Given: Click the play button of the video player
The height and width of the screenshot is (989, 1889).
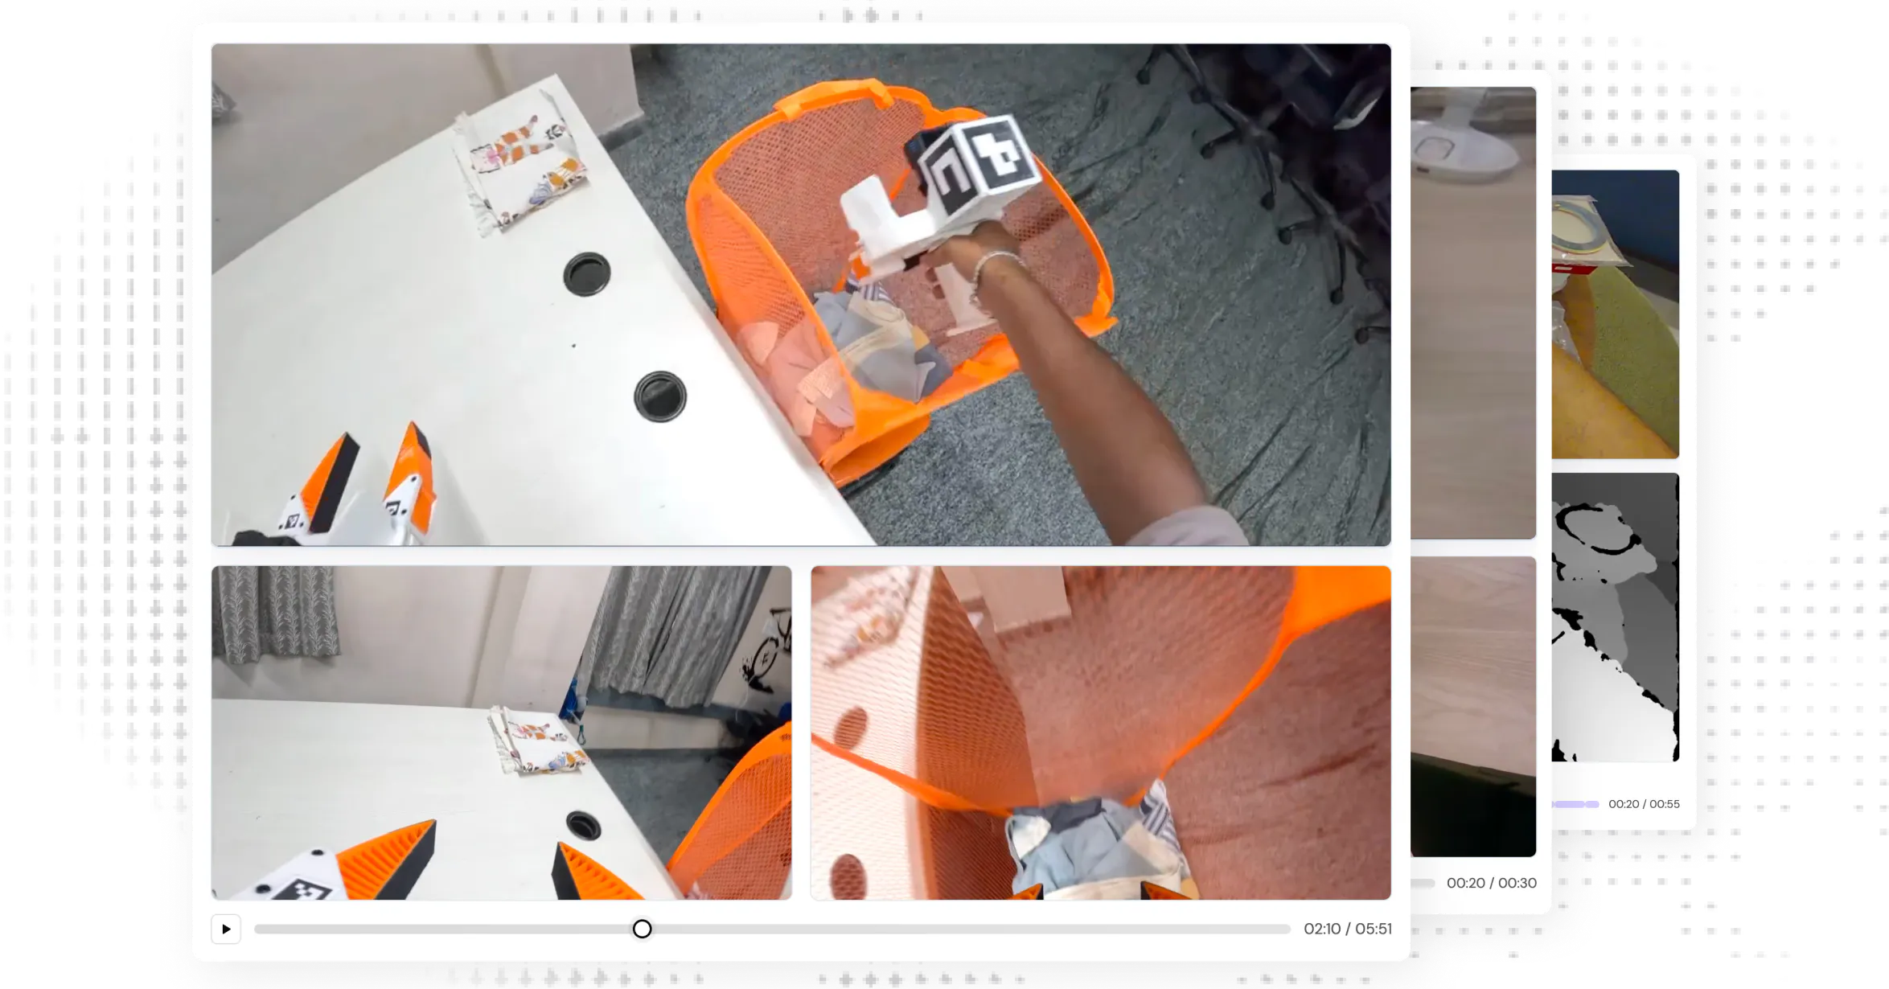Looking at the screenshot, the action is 226,929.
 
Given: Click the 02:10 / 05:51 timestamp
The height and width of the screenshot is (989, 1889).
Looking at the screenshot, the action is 1347,929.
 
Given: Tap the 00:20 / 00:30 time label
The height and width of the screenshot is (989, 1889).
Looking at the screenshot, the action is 1491,883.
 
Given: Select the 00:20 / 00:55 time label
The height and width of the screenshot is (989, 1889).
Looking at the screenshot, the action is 1644,804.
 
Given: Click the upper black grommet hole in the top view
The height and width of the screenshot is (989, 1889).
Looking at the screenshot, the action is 586,274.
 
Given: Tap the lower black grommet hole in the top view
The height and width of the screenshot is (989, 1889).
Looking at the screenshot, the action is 659,396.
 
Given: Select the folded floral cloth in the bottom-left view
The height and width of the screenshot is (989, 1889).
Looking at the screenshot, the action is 537,741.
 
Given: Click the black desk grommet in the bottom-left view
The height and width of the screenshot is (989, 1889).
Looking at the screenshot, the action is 583,825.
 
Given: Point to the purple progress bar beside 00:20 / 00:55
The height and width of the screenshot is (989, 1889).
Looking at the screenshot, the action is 1575,804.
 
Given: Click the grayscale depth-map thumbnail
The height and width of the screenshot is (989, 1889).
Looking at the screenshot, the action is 1615,617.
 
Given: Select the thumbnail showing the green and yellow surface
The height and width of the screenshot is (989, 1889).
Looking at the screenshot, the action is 1615,314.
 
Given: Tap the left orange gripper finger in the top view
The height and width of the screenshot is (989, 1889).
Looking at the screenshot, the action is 326,482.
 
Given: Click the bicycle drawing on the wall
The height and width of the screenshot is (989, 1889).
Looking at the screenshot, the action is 765,656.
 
